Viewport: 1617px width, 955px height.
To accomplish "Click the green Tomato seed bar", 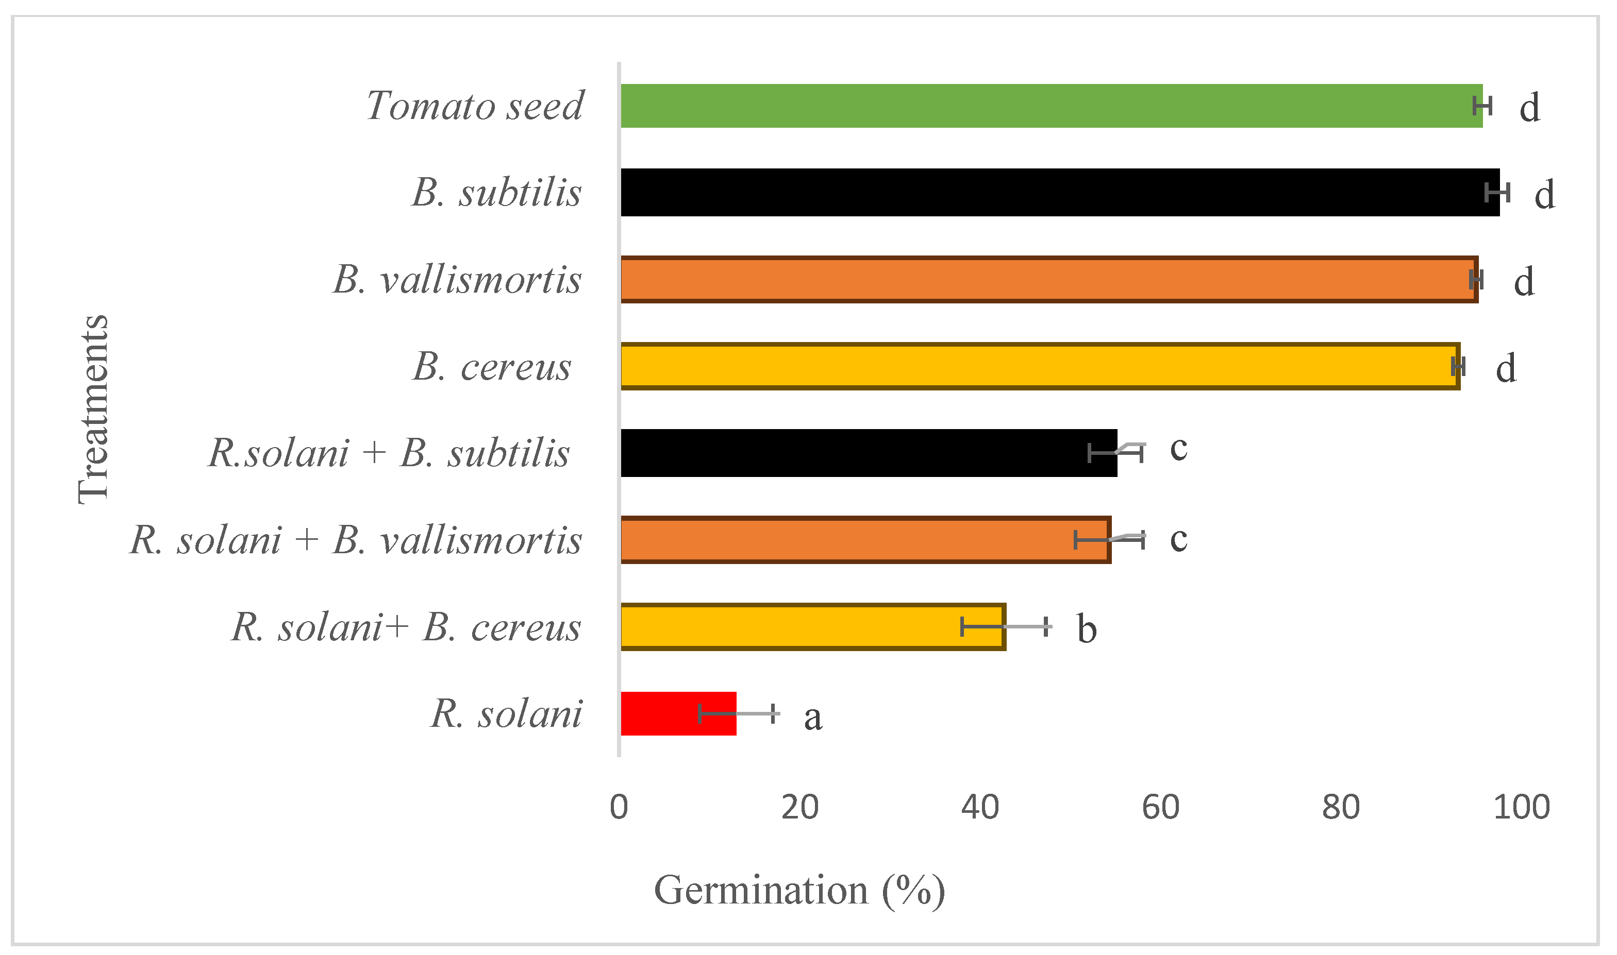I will tap(1049, 106).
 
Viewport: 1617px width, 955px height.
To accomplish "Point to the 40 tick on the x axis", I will tap(980, 808).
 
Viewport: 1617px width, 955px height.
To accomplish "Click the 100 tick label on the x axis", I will tap(1521, 808).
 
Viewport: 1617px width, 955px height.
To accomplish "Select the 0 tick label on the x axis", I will tap(619, 808).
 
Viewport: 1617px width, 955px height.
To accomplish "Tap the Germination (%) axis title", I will tap(799, 891).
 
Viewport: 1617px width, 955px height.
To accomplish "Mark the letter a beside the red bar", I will tap(813, 718).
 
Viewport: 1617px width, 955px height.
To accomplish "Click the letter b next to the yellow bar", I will tap(1087, 629).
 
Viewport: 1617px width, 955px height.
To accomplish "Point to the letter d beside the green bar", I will tap(1529, 108).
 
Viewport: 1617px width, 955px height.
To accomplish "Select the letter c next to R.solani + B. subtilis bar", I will tap(1178, 448).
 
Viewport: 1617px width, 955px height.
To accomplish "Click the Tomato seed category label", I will tap(475, 106).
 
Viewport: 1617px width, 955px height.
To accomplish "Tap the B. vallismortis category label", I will tap(457, 280).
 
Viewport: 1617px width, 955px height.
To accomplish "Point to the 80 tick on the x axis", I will tap(1341, 808).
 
